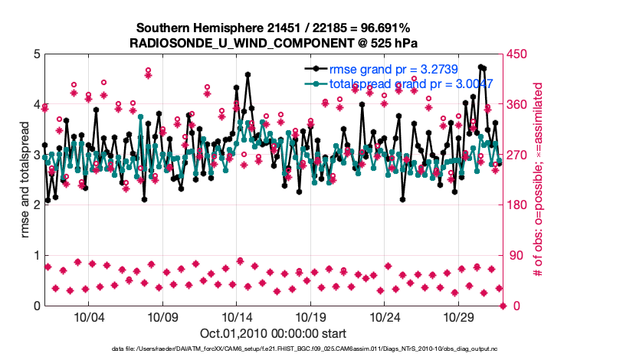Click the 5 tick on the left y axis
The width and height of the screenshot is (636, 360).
[35, 54]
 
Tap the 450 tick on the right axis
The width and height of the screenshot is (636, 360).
[518, 54]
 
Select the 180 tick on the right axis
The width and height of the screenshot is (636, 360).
[518, 205]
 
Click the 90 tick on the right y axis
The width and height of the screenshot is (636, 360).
[515, 256]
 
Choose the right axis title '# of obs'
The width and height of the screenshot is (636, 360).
[539, 179]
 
